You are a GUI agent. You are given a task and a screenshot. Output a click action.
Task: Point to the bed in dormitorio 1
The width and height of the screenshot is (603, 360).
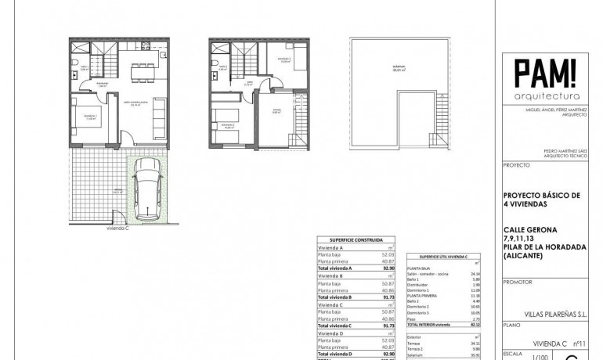click(x=84, y=117)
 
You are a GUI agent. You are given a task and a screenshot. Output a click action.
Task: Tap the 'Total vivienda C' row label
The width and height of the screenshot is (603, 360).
click(x=334, y=325)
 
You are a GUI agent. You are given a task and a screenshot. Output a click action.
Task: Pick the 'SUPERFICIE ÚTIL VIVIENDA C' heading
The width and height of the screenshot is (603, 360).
click(x=445, y=257)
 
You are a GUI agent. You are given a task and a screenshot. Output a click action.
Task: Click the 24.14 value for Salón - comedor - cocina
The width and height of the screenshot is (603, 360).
click(x=471, y=274)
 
